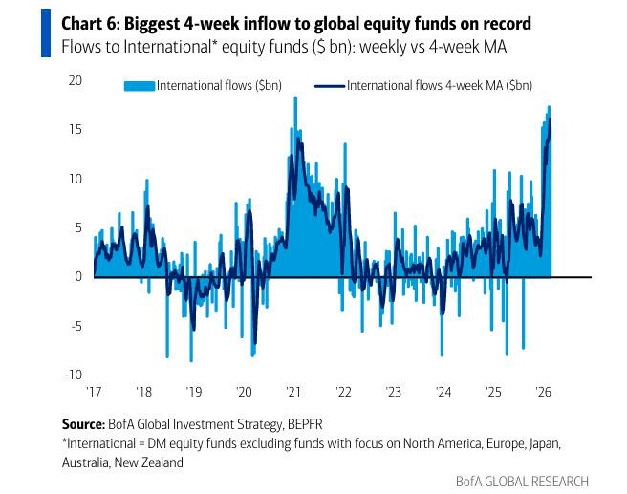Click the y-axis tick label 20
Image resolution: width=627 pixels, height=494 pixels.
tap(74, 80)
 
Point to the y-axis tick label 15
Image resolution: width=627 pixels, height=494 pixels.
tap(74, 129)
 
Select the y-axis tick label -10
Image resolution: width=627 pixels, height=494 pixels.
tap(71, 375)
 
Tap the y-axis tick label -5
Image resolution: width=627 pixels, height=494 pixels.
tap(74, 326)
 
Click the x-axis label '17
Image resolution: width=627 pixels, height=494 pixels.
tap(94, 392)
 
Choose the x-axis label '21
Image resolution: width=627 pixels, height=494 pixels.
tap(292, 392)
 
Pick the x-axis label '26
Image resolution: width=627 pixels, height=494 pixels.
tap(542, 392)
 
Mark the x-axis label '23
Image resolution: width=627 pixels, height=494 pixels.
tap(393, 392)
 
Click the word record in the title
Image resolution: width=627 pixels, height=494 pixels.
tap(494, 24)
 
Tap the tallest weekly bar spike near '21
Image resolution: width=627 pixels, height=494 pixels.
tap(295, 99)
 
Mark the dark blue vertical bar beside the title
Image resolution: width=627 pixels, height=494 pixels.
tap(45, 33)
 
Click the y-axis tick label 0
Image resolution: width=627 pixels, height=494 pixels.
tap(78, 276)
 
